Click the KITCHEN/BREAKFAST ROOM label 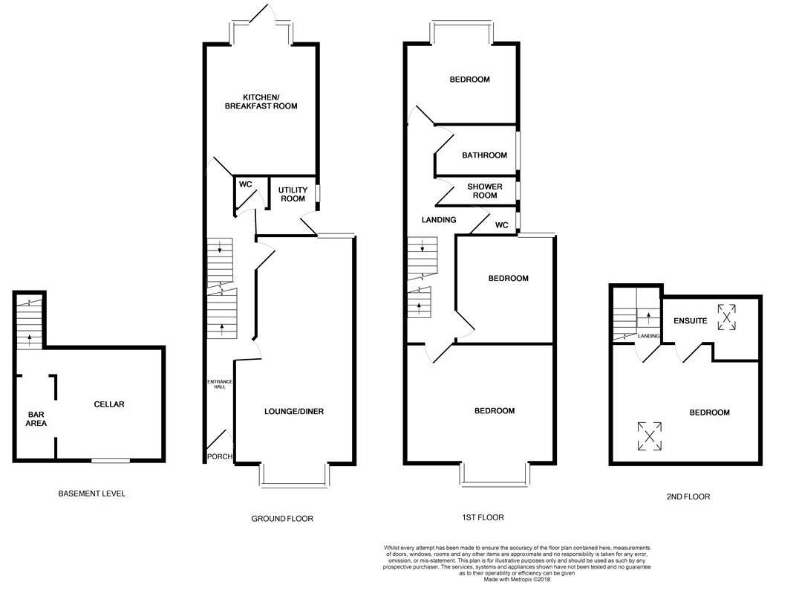click(261, 102)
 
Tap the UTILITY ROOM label click(292, 195)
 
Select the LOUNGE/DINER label click(294, 411)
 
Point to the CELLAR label click(109, 404)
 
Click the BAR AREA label click(37, 418)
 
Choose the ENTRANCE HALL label click(219, 384)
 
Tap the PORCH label click(219, 456)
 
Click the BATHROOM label click(484, 155)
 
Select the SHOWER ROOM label click(484, 191)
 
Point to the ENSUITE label click(690, 321)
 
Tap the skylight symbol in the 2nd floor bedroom click(650, 436)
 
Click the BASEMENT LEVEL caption click(92, 494)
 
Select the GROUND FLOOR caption click(282, 518)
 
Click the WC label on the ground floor click(245, 184)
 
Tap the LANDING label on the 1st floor click(438, 219)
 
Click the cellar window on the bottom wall click(106, 462)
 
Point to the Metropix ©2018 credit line click(517, 580)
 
